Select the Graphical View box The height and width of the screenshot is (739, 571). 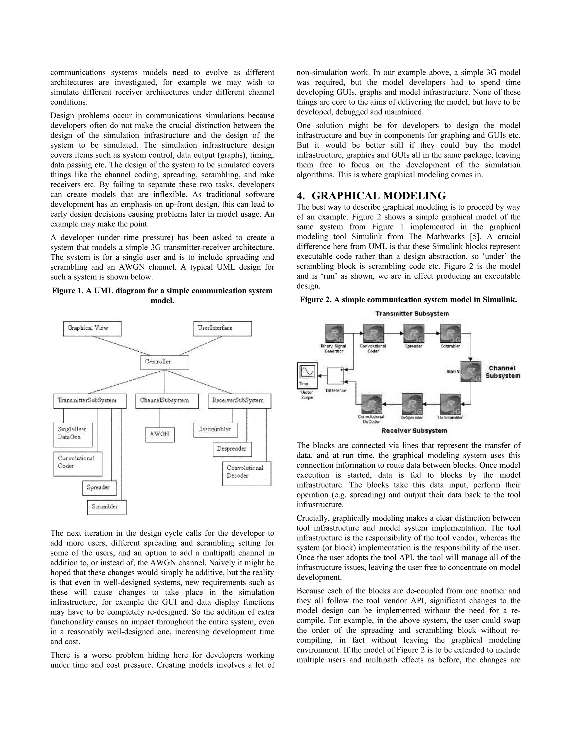pyautogui.click(x=92, y=329)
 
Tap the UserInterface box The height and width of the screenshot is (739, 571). pyautogui.click(x=222, y=329)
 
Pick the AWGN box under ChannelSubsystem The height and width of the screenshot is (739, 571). pyautogui.click(x=160, y=435)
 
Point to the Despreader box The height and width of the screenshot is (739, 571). pyautogui.click(x=232, y=449)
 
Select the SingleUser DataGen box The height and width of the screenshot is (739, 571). pyautogui.click(x=73, y=435)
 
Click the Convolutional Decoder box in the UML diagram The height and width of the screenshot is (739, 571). pyautogui.click(x=246, y=474)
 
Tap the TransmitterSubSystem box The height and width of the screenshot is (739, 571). pyautogui.click(x=90, y=401)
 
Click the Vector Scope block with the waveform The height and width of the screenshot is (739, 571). pyautogui.click(x=307, y=376)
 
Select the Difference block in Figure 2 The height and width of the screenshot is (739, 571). pyautogui.click(x=336, y=376)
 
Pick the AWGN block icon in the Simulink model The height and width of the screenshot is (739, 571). pyautogui.click(x=471, y=372)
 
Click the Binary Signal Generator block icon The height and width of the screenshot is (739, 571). pyautogui.click(x=334, y=334)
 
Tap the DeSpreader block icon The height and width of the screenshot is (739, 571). pyautogui.click(x=412, y=404)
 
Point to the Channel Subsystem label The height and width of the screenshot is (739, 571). pyautogui.click(x=502, y=372)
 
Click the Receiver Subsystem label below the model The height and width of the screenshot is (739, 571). pyautogui.click(x=414, y=431)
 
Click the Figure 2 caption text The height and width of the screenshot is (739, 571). pyautogui.click(x=408, y=300)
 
